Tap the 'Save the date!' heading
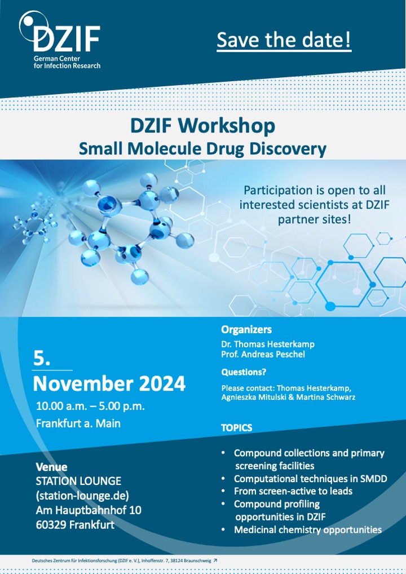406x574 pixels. click(x=284, y=41)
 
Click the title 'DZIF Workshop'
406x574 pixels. click(x=202, y=125)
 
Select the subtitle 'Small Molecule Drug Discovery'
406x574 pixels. click(x=202, y=149)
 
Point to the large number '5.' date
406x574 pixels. click(x=43, y=359)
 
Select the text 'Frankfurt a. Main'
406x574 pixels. click(x=78, y=423)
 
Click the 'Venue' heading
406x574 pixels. click(x=51, y=467)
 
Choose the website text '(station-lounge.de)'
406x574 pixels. click(x=82, y=496)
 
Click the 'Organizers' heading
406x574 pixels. click(x=246, y=329)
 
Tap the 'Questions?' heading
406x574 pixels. click(x=244, y=372)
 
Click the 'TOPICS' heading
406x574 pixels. click(x=236, y=428)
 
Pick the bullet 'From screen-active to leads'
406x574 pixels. click(x=293, y=491)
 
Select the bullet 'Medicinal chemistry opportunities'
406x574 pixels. click(x=307, y=529)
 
